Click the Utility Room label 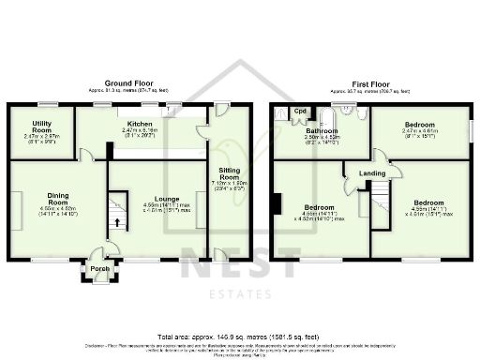pos(40,127)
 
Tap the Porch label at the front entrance pos(99,269)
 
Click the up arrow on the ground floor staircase pos(118,221)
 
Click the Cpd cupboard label pos(300,112)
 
